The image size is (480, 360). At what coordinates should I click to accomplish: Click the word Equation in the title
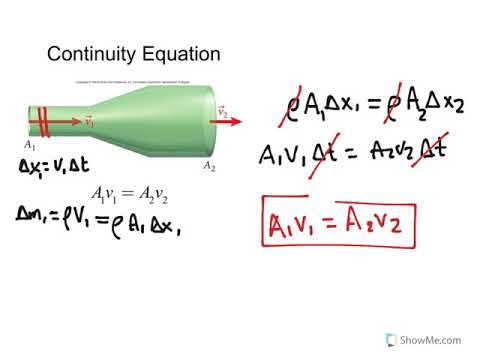pos(179,54)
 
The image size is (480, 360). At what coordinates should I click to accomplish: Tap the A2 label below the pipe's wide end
pos(209,165)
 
